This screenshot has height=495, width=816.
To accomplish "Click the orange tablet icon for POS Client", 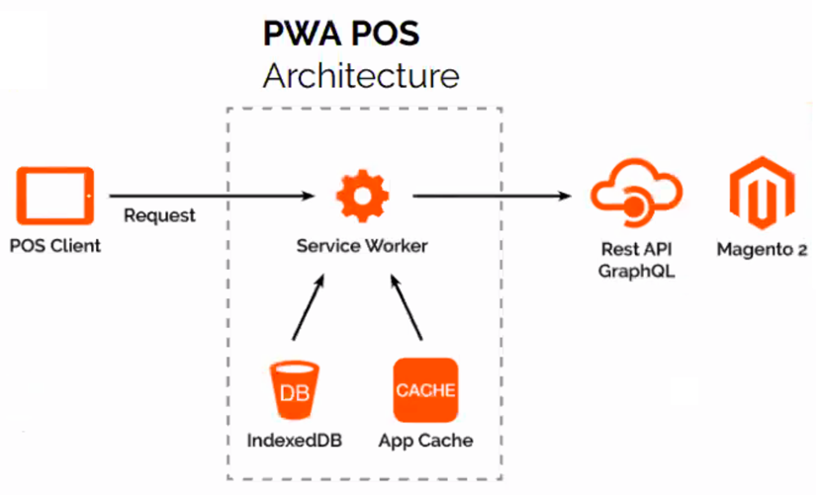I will pos(56,196).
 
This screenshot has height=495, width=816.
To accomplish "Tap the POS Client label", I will pos(55,246).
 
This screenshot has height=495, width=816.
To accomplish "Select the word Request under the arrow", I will pos(159,215).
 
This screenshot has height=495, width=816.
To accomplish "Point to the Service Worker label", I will pos(362,246).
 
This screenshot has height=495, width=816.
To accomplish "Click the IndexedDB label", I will pos(295,440).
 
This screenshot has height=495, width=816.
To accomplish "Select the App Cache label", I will pos(426,440).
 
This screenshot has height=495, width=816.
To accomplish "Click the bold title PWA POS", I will pos(341,35).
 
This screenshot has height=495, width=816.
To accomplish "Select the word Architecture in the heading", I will pos(361,76).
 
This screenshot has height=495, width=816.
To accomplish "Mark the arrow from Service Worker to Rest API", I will pos(495,196).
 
